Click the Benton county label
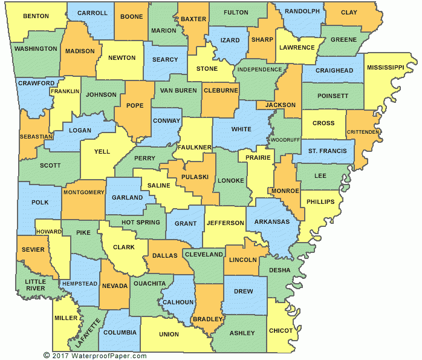tap(36, 16)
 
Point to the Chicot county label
tap(281, 331)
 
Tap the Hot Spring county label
tap(141, 222)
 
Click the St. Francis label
tap(328, 151)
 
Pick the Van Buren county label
tap(178, 90)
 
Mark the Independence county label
tap(259, 70)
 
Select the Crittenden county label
tap(363, 132)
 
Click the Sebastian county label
tap(36, 137)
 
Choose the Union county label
tap(169, 334)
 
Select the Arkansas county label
tap(273, 222)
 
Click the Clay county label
tap(349, 12)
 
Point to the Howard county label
tap(48, 232)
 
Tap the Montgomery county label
tap(83, 192)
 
